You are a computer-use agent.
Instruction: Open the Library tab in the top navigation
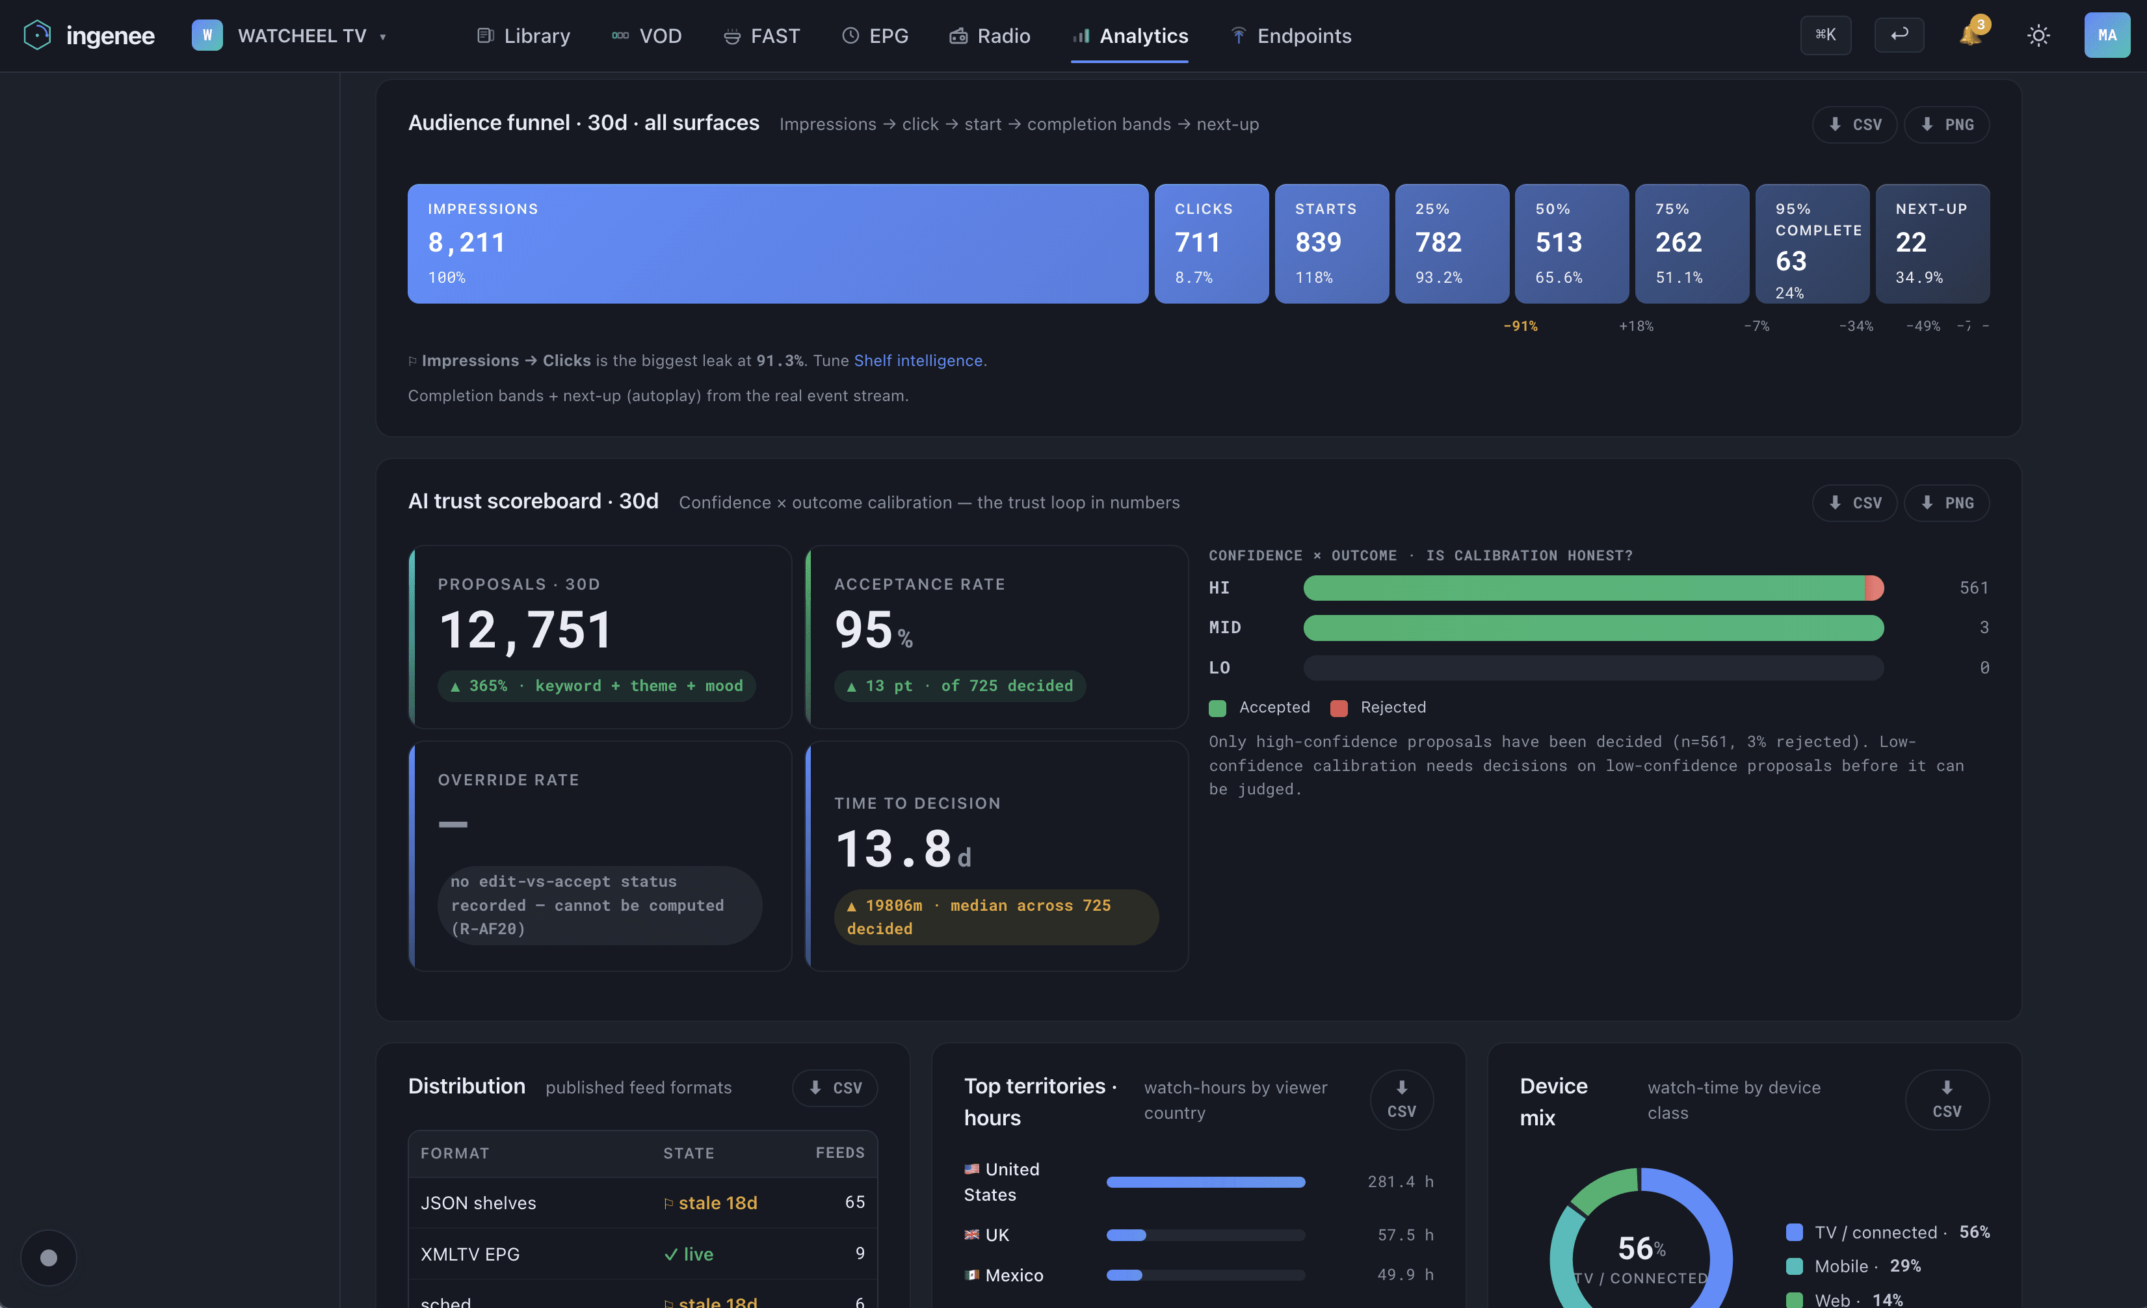[x=523, y=36]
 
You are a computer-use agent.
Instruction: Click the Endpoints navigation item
[x=1291, y=36]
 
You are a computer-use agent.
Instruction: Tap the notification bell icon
[x=1969, y=35]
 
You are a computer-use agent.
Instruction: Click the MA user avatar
[x=2107, y=35]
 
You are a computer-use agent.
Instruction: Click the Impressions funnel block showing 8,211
[x=777, y=243]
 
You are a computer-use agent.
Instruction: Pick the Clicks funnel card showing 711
[x=1211, y=243]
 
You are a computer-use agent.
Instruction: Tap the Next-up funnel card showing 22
[x=1932, y=243]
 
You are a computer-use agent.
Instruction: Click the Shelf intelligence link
[x=917, y=360]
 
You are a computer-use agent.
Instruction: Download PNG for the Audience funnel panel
[x=1947, y=125]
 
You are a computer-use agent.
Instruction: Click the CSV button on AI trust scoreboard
[x=1854, y=503]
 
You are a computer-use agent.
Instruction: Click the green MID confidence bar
[x=1594, y=627]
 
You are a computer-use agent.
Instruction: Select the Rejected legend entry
[x=1378, y=707]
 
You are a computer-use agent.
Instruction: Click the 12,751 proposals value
[x=525, y=629]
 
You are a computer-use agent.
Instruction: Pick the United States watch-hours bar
[x=1206, y=1183]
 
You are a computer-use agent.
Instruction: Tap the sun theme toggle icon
[x=2038, y=36]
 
